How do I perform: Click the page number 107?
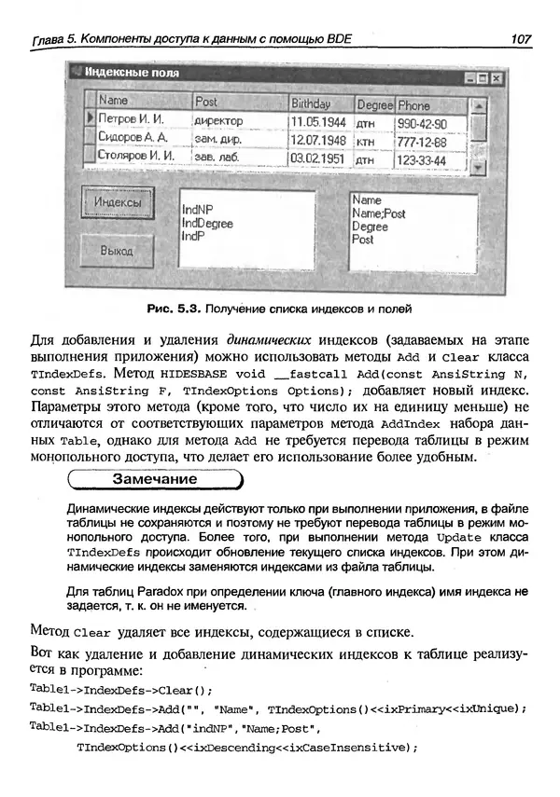coord(520,38)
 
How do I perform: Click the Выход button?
coord(117,251)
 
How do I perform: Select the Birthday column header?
coord(311,103)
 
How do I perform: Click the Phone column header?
coord(415,104)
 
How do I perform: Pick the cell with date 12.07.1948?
coord(317,141)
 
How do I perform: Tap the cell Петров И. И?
coord(131,121)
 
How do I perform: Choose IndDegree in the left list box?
coord(207,224)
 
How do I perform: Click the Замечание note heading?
coord(154,480)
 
